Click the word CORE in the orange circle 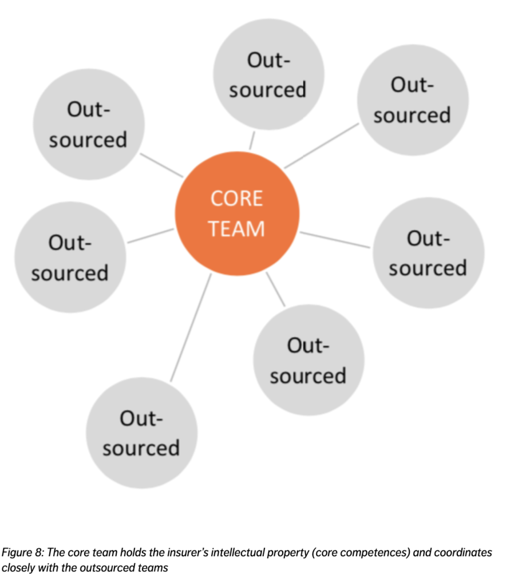(x=236, y=198)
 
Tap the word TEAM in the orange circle (x=236, y=228)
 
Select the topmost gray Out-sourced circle (x=268, y=74)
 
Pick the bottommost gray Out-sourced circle (x=142, y=433)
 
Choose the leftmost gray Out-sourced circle (x=70, y=257)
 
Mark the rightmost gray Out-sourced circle (x=428, y=252)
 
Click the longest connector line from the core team (x=191, y=327)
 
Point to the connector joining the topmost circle (x=252, y=141)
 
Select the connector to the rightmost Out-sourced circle (x=335, y=240)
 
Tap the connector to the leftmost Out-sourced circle (x=151, y=236)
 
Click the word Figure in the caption (x=17, y=553)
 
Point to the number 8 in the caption (x=39, y=552)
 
